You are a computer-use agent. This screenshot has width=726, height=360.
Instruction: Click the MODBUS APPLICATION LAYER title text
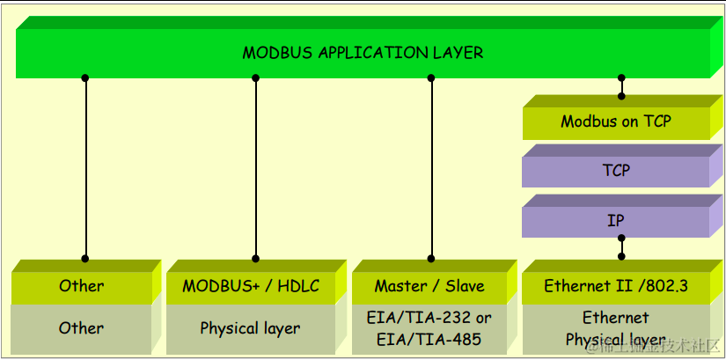point(363,53)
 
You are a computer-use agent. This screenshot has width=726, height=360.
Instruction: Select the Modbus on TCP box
point(615,122)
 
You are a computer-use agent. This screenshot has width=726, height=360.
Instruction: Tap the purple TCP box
point(615,170)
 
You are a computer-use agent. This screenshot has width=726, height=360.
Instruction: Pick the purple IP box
point(615,220)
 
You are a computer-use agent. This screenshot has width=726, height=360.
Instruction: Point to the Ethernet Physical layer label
point(615,328)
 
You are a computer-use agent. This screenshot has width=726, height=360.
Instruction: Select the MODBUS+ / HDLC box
point(251,286)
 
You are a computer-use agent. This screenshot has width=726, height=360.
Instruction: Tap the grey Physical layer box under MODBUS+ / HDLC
point(250,328)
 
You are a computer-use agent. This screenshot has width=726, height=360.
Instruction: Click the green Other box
point(81,286)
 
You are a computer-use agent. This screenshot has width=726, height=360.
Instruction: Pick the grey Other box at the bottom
point(81,328)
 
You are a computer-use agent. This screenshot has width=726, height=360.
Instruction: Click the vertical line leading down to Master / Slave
point(431,167)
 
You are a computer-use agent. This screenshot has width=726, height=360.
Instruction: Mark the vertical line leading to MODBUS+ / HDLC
point(256,167)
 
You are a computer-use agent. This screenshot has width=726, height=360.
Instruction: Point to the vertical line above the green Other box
point(85,167)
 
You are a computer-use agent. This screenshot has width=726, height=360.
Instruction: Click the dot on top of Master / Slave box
point(431,258)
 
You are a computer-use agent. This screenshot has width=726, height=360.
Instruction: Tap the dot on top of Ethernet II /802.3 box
point(621,256)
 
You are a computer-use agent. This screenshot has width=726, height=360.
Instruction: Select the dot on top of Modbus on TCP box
point(621,95)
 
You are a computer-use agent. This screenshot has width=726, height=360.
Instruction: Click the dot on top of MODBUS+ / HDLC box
point(256,258)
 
